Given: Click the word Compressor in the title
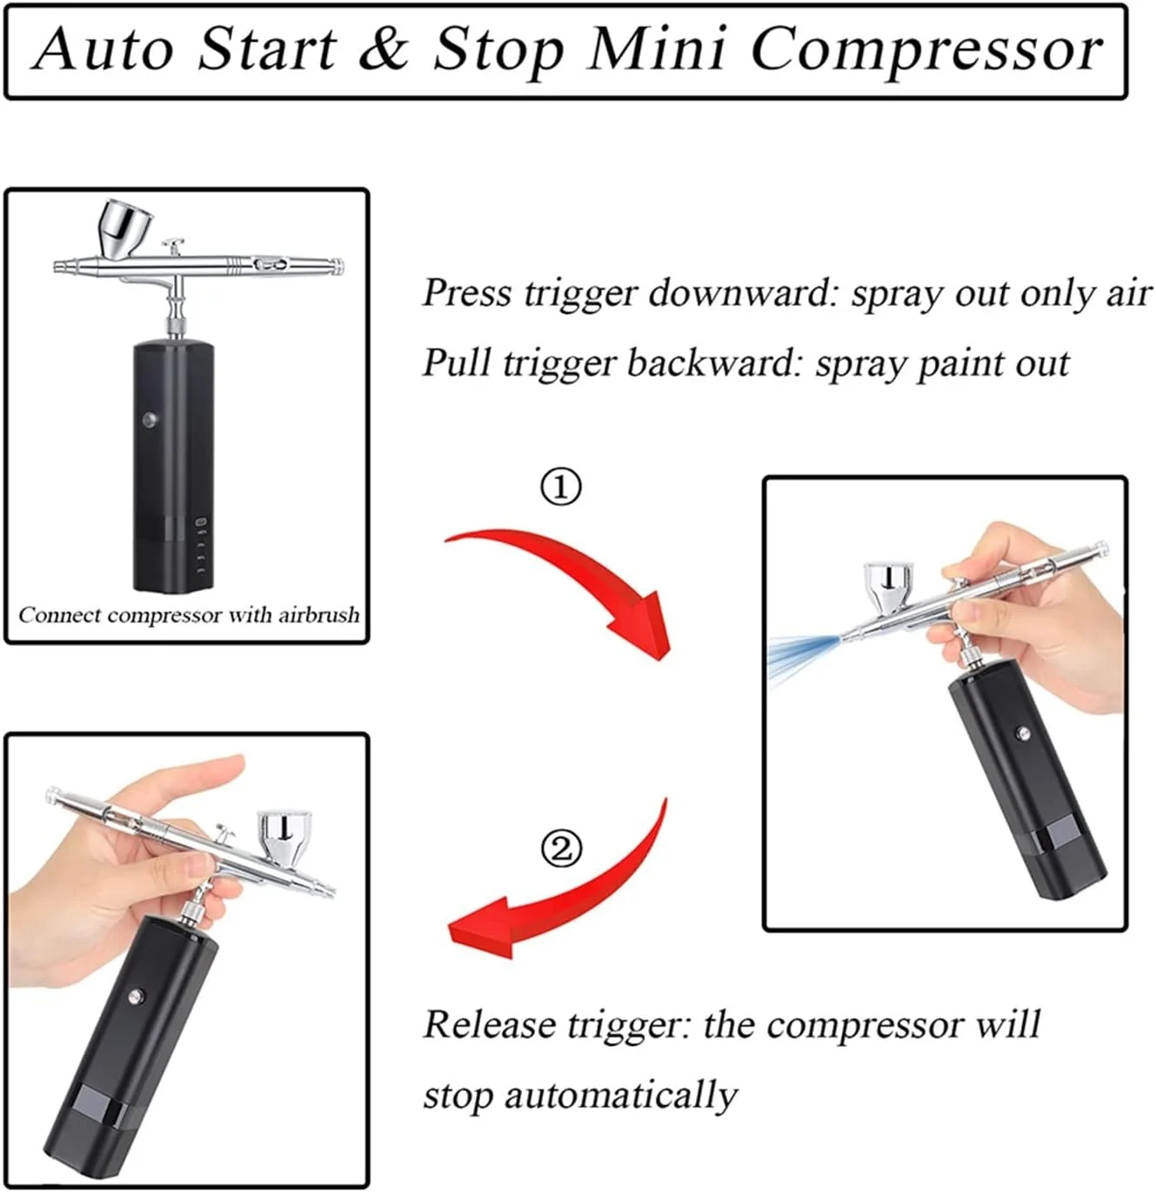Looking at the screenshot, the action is [x=926, y=50].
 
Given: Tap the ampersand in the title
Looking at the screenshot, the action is [x=384, y=49].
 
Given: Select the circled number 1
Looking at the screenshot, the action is [x=560, y=487].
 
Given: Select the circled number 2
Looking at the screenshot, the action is [x=561, y=849].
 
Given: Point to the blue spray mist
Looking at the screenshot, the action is [x=803, y=657].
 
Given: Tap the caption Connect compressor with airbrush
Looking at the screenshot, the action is [x=189, y=615].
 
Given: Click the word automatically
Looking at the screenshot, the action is [x=621, y=1095].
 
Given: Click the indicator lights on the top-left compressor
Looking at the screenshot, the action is [x=200, y=547].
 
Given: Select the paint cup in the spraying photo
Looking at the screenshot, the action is [x=888, y=588].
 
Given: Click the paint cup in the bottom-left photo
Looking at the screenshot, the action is [x=285, y=838].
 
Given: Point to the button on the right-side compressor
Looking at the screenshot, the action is [x=1022, y=732].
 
